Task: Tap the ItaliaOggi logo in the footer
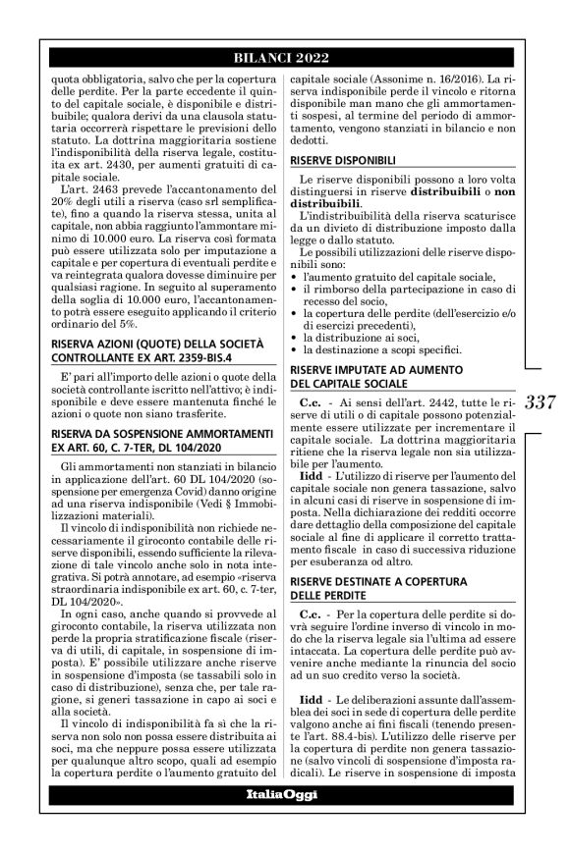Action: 284,820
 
